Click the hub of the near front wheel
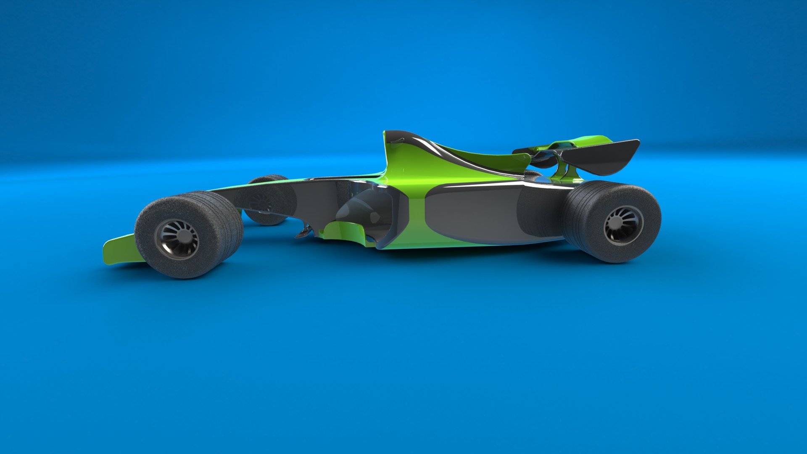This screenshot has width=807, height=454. point(177,239)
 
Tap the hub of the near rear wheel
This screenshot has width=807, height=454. point(623,225)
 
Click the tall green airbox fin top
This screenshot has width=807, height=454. point(393,139)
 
